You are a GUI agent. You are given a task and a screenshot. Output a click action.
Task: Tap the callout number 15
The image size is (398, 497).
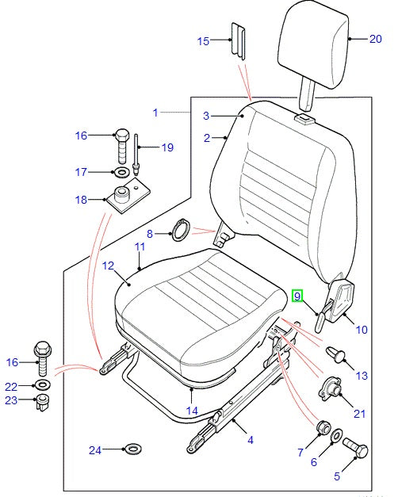pos(204,40)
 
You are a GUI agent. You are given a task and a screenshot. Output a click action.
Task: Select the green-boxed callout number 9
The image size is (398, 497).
pos(297,296)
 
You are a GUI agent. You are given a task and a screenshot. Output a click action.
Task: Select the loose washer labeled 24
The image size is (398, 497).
pos(132,450)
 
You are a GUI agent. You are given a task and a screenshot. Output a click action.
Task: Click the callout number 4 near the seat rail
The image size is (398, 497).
pos(250,438)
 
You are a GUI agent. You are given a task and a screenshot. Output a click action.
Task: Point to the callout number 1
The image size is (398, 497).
pos(155,113)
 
